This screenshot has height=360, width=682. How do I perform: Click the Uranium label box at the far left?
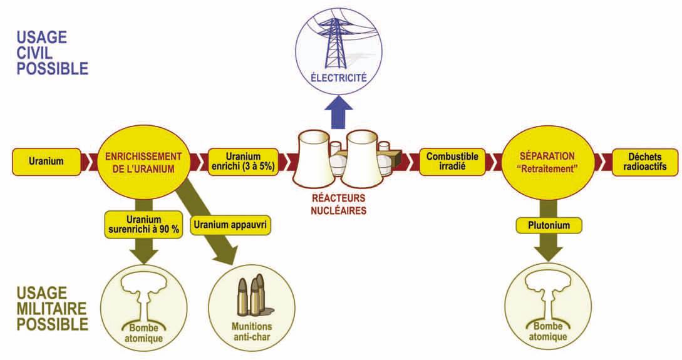tap(46, 162)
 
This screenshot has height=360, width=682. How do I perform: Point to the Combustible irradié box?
tap(452, 161)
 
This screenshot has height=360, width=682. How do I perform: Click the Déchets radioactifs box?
tap(644, 162)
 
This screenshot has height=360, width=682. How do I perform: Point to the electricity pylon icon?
tap(339, 41)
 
